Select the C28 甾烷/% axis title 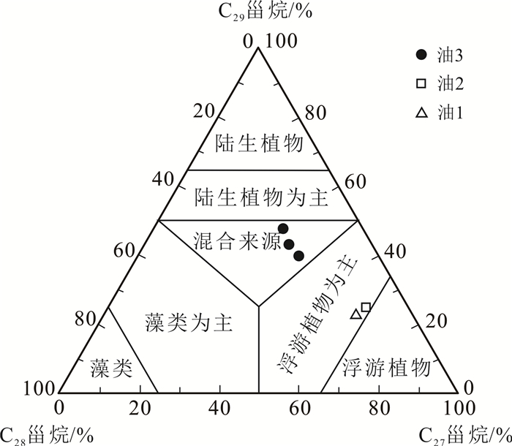click(47, 434)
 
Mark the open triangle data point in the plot click(356, 314)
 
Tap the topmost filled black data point click(283, 229)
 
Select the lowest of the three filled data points click(298, 255)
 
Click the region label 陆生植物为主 click(260, 197)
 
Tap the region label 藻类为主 click(189, 322)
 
